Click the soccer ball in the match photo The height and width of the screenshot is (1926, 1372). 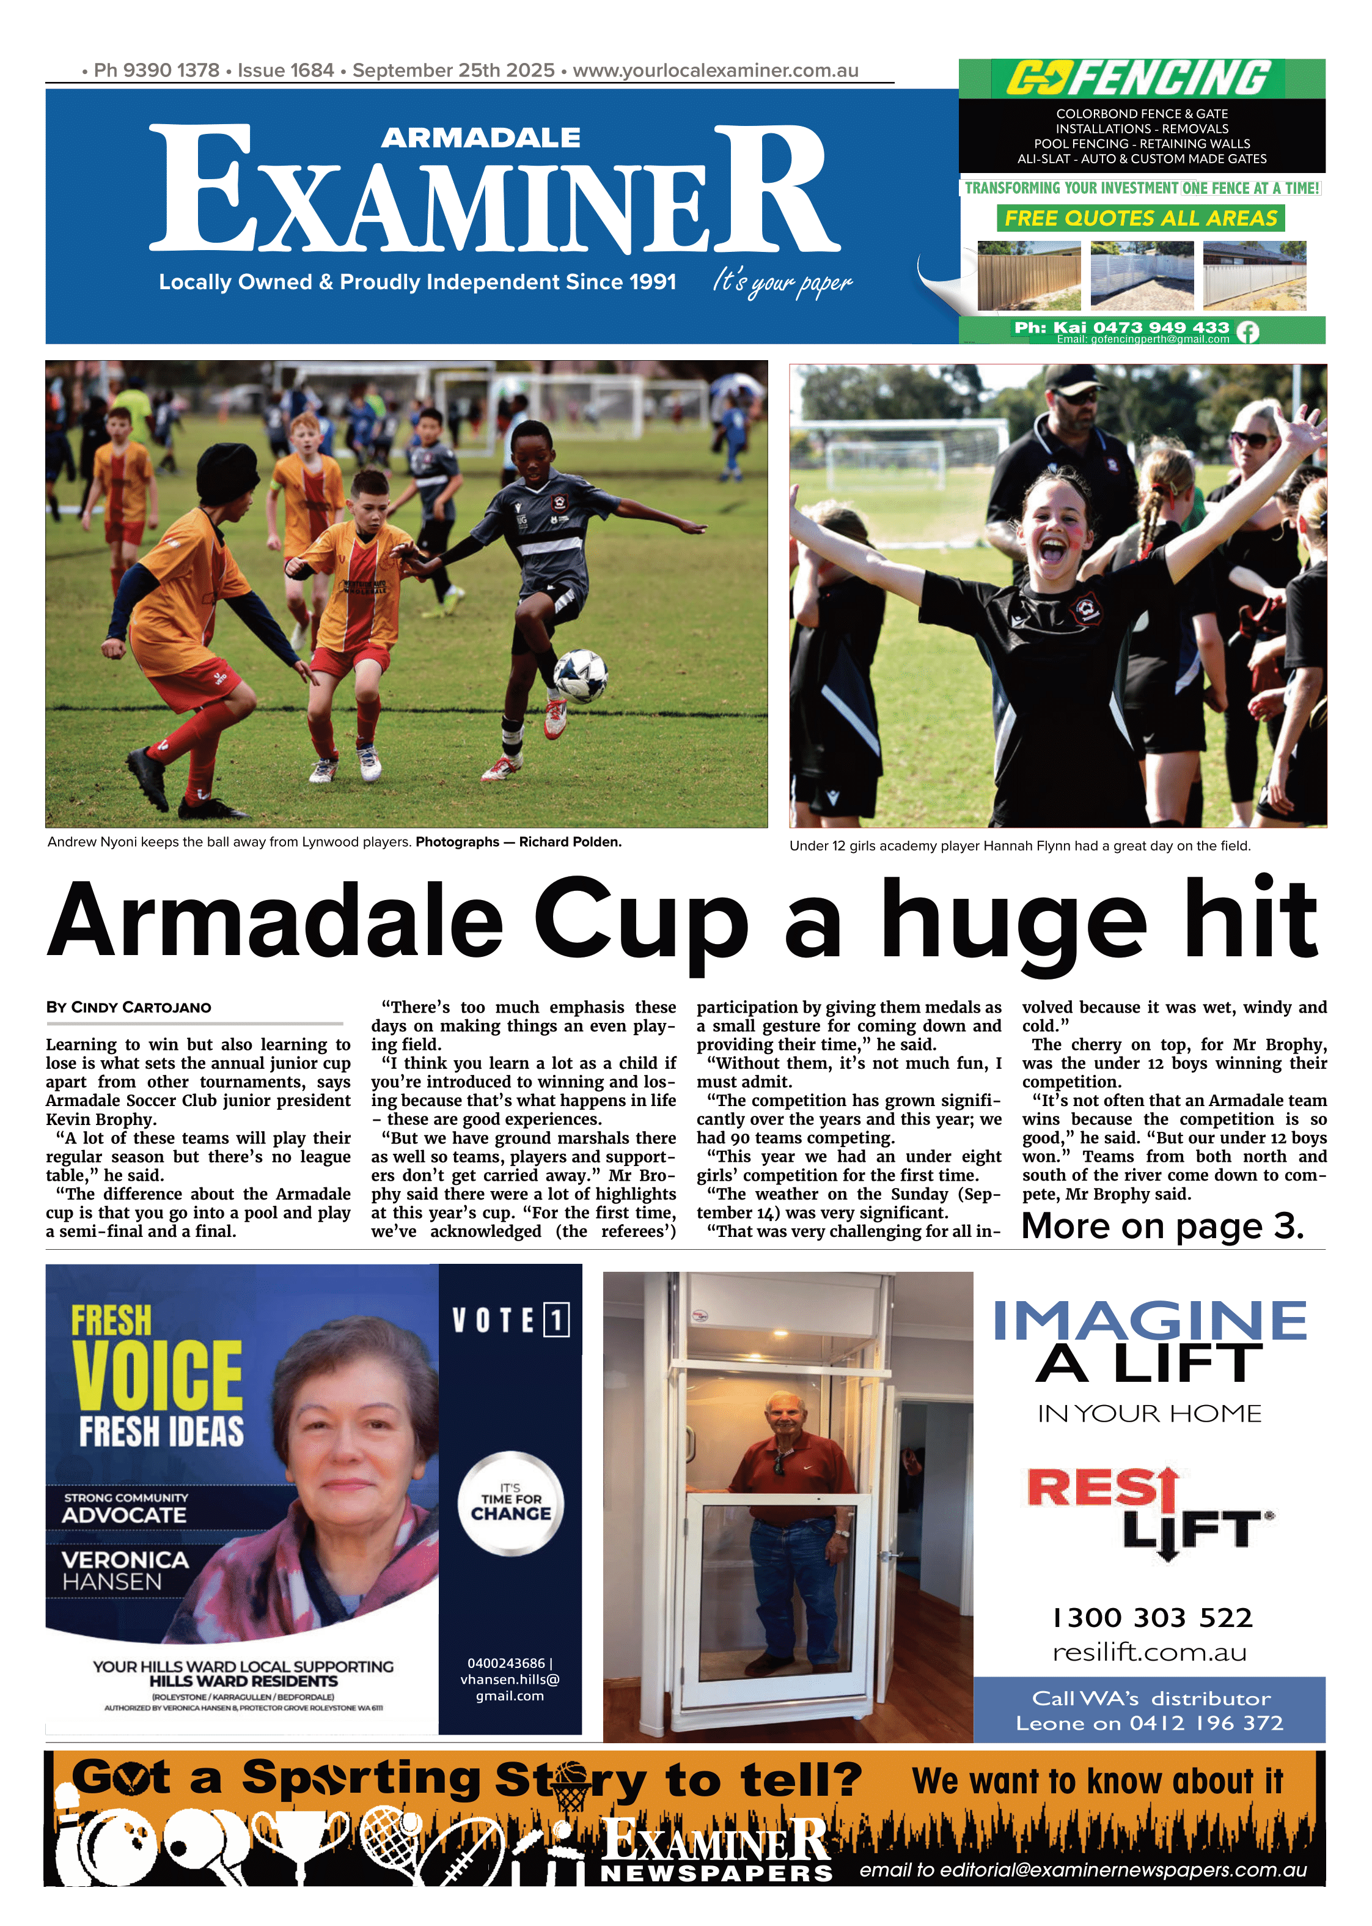tap(581, 675)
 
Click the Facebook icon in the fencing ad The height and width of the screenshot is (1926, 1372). tap(1247, 332)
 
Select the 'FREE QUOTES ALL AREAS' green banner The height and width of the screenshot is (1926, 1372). tap(1140, 218)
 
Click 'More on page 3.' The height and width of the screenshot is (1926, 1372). tap(1162, 1227)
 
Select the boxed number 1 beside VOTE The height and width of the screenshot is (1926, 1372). tap(556, 1320)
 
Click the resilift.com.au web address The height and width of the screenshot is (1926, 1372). tap(1149, 1651)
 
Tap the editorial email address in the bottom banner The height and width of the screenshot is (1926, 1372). tap(1083, 1870)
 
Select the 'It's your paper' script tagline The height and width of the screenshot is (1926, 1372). tap(782, 281)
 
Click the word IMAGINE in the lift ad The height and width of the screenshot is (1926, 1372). tap(1149, 1322)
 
